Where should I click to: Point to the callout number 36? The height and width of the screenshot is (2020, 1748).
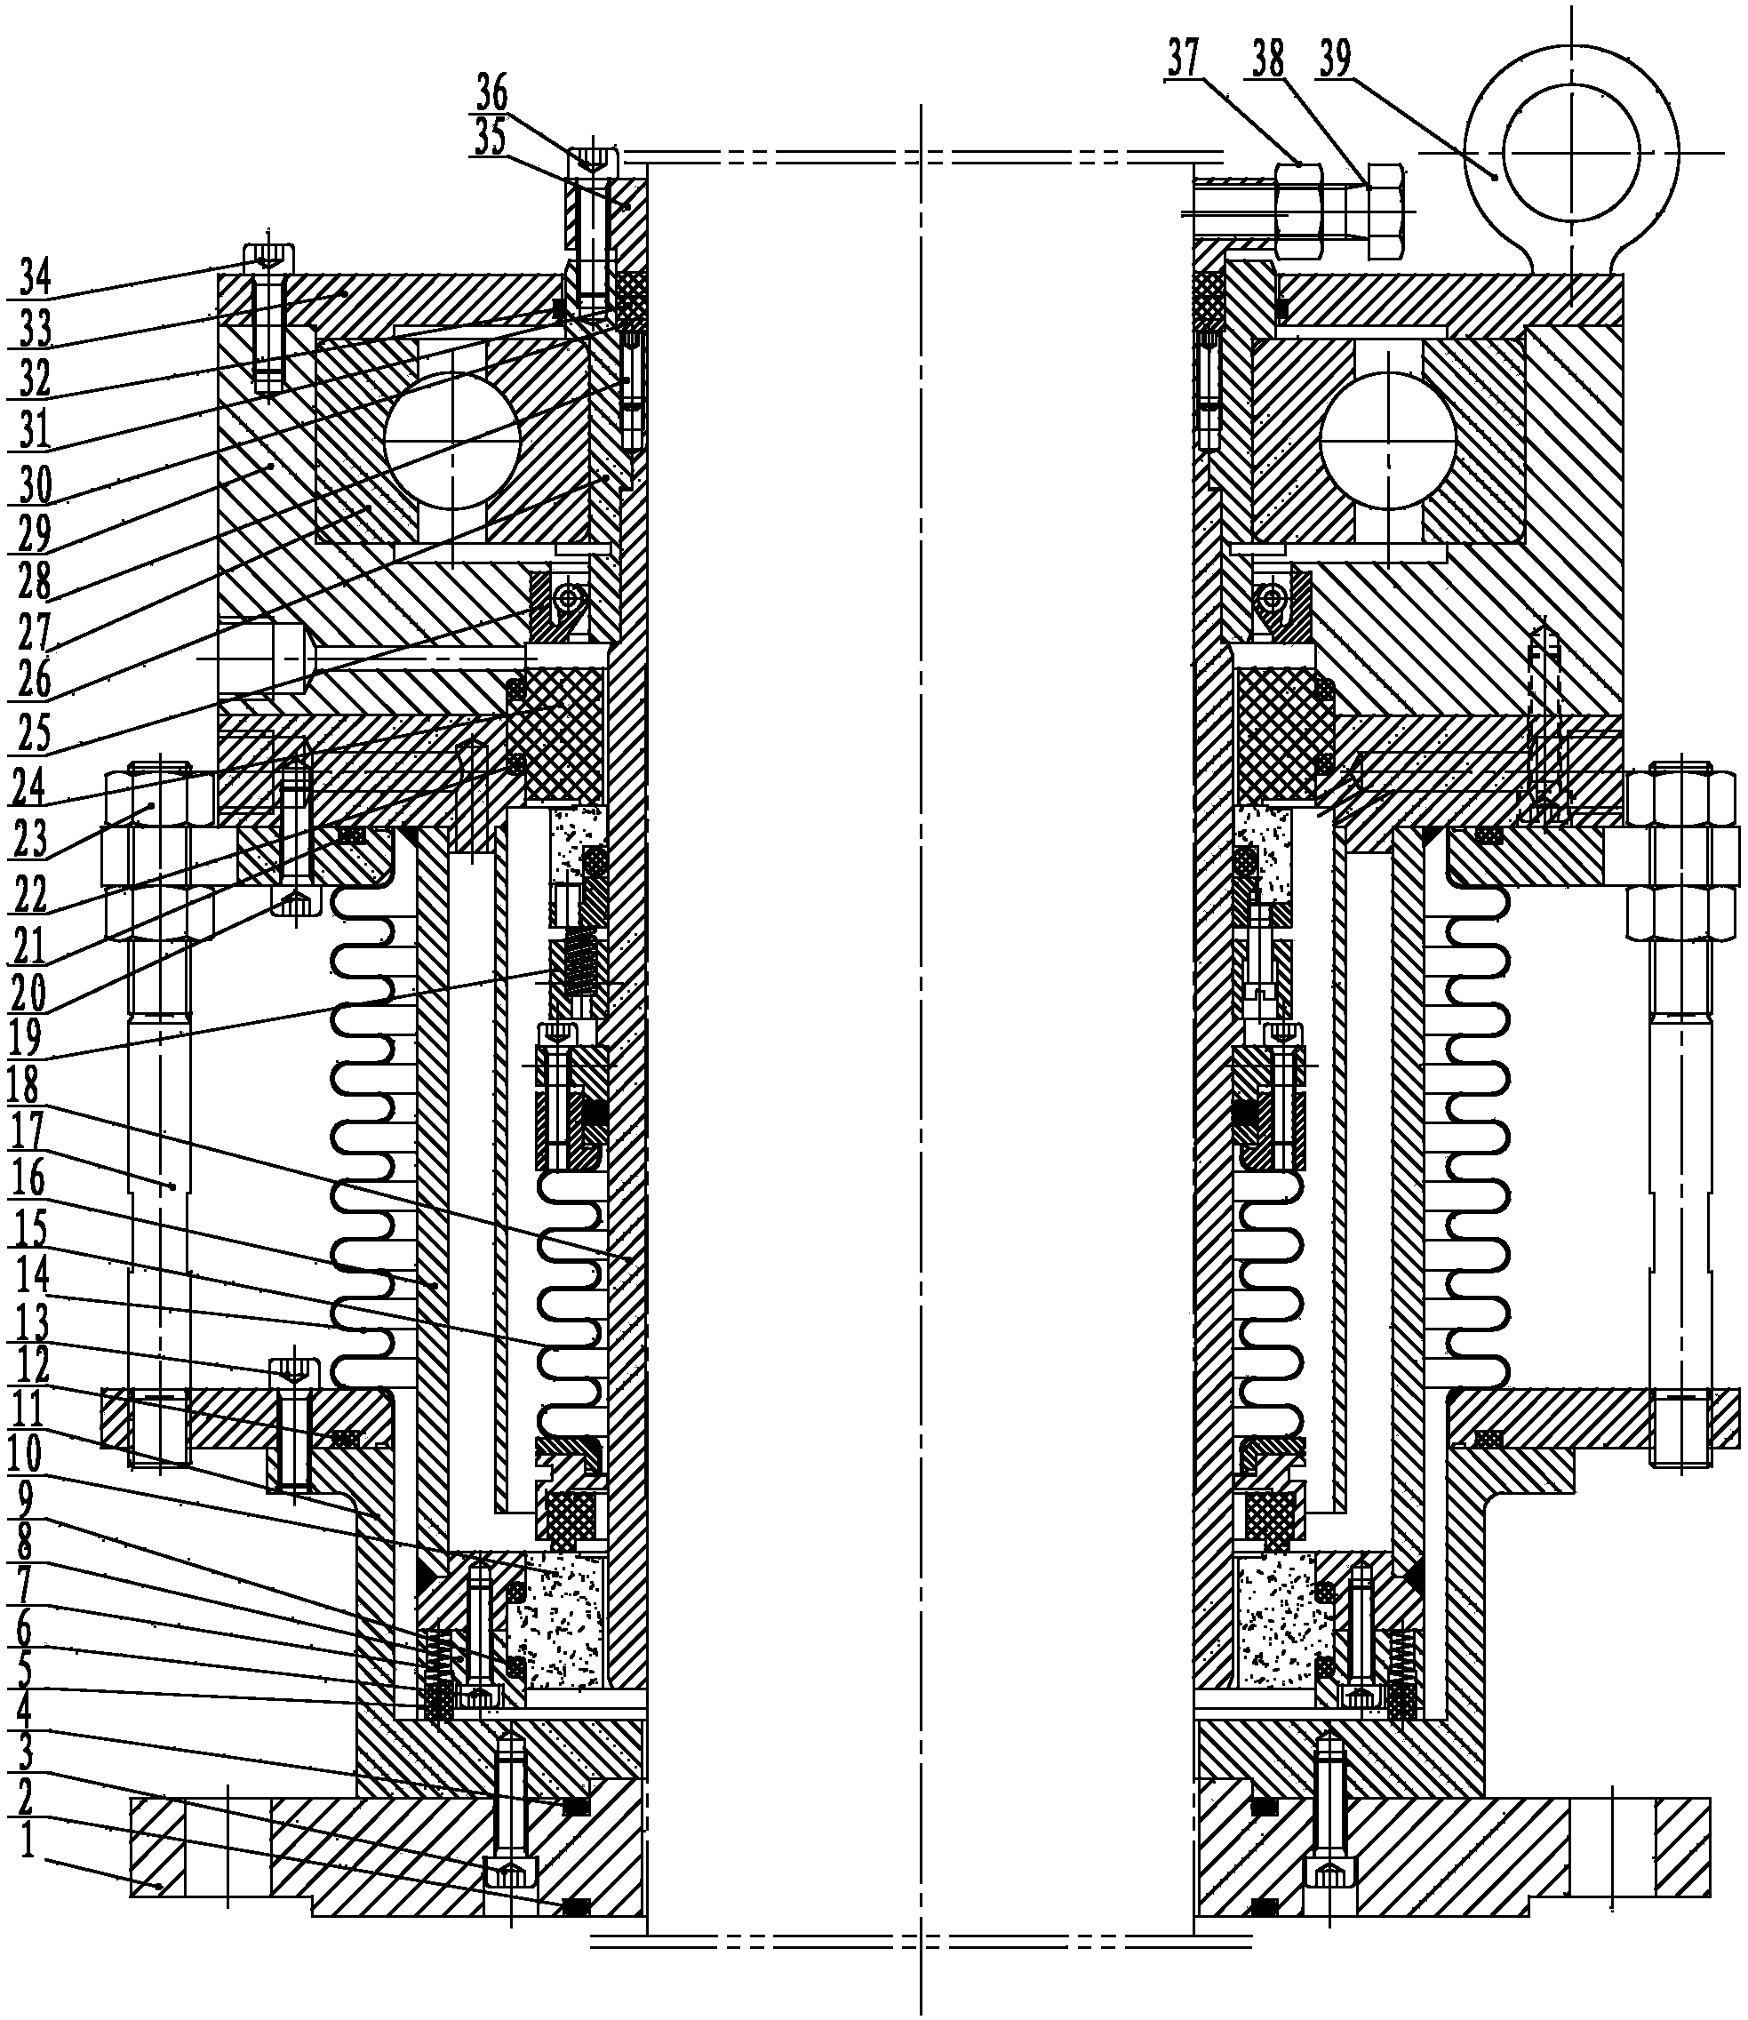pyautogui.click(x=491, y=94)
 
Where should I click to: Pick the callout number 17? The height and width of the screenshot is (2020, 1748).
pyautogui.click(x=29, y=1131)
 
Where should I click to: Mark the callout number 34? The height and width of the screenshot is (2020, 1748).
pyautogui.click(x=36, y=279)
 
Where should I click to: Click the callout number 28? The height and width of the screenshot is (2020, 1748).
pyautogui.click(x=36, y=582)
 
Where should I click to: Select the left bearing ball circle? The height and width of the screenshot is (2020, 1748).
pyautogui.click(x=451, y=440)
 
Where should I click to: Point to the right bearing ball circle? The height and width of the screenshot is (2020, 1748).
pyautogui.click(x=1387, y=440)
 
